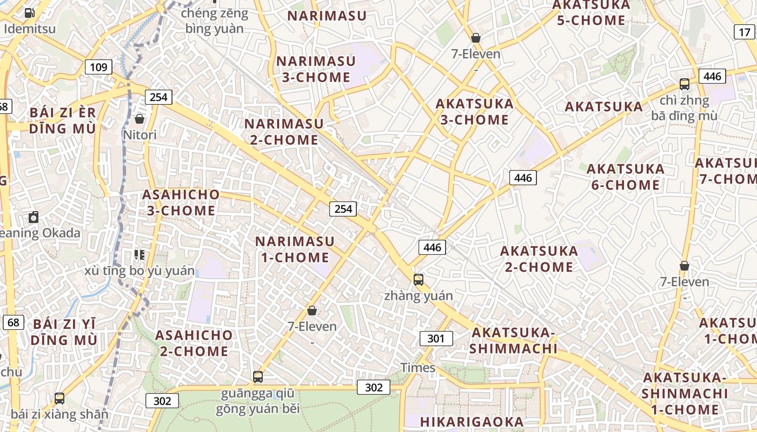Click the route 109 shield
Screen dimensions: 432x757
point(98,67)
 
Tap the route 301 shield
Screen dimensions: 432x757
point(436,339)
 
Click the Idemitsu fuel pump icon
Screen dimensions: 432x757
point(30,12)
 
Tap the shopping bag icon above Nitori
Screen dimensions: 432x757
point(140,118)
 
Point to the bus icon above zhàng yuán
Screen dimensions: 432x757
point(419,279)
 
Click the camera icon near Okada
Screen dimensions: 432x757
point(34,217)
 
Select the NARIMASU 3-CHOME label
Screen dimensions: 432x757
point(316,69)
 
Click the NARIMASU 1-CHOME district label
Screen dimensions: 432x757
point(295,249)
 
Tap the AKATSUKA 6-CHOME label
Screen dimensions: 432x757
point(626,177)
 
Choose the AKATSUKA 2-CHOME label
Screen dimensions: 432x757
point(539,259)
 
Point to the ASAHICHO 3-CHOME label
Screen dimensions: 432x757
point(181,202)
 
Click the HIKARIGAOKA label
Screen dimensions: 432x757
point(472,422)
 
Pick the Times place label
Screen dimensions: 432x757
point(417,368)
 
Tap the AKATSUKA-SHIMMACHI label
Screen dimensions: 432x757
point(513,340)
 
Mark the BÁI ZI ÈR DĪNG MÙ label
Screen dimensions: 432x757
point(63,121)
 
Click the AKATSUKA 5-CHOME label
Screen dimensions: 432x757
point(591,13)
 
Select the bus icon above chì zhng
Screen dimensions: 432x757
point(685,84)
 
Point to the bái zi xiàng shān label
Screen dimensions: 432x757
point(59,415)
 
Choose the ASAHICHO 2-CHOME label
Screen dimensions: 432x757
point(194,343)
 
